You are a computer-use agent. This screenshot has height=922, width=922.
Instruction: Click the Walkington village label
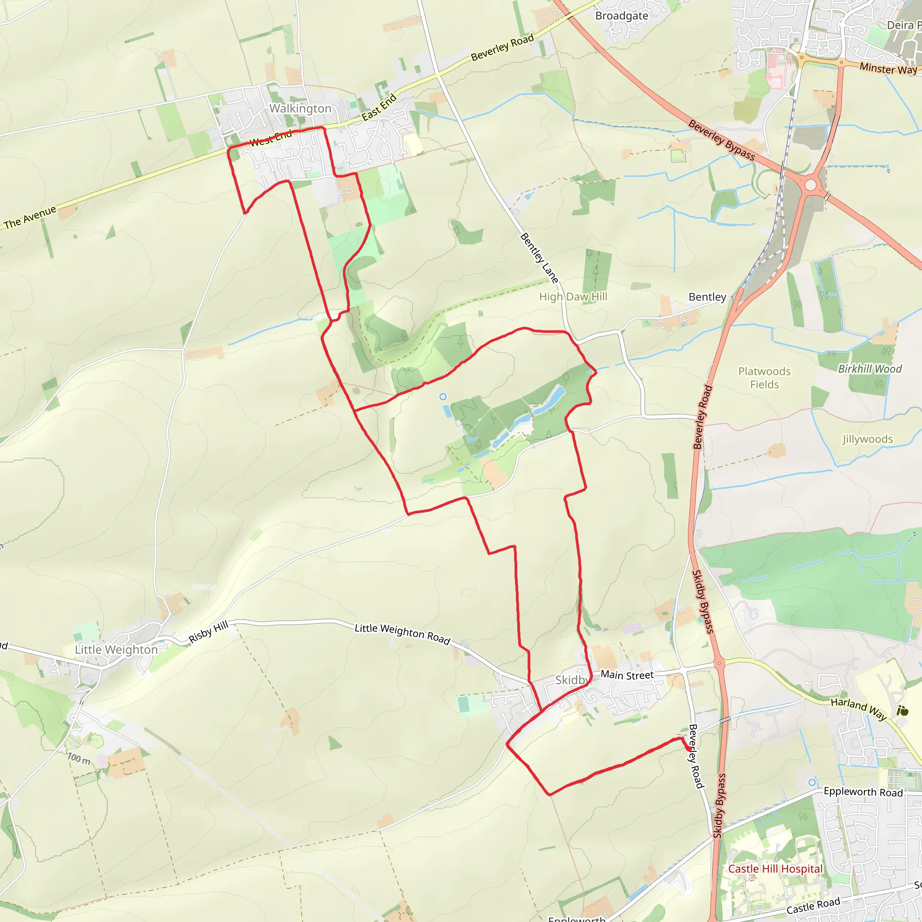300,109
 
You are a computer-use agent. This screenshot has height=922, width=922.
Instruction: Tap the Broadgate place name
621,16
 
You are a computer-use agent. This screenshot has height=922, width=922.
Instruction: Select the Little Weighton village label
116,650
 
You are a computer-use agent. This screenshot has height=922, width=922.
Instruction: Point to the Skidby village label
571,680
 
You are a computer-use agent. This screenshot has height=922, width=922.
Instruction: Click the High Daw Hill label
573,297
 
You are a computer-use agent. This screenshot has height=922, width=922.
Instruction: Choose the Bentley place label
707,297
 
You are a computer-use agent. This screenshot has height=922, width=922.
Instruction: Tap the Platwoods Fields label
764,378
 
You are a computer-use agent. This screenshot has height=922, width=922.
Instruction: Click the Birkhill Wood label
869,369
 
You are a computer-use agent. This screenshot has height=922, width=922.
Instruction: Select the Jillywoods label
867,439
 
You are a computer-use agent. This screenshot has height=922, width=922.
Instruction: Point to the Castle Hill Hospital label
775,868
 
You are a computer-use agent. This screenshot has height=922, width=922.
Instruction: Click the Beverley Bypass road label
721,140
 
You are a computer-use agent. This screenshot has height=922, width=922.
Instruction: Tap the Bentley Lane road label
539,258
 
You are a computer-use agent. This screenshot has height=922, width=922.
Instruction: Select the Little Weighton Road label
402,634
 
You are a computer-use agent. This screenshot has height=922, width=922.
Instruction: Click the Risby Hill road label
208,633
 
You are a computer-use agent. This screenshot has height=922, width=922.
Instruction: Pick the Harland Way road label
859,709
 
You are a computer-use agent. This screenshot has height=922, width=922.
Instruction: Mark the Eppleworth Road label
863,792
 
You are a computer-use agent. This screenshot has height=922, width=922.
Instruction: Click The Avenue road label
30,217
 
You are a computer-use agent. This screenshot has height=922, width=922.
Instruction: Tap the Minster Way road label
888,69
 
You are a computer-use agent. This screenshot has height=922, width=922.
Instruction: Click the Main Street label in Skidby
627,675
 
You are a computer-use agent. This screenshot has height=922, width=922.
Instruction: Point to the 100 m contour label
79,758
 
